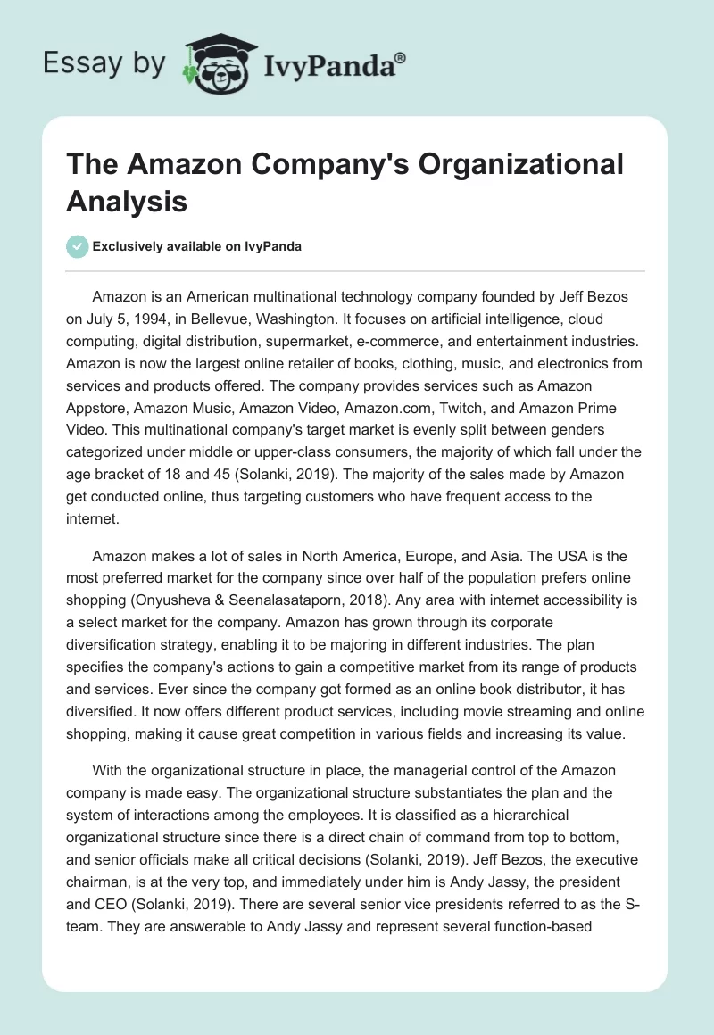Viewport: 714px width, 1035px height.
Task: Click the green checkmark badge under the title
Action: tap(79, 246)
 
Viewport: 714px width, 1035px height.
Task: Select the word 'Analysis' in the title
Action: tap(127, 201)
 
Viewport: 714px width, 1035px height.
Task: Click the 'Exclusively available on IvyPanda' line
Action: tap(197, 246)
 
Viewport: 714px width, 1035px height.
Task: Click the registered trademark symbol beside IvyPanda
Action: tap(401, 55)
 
